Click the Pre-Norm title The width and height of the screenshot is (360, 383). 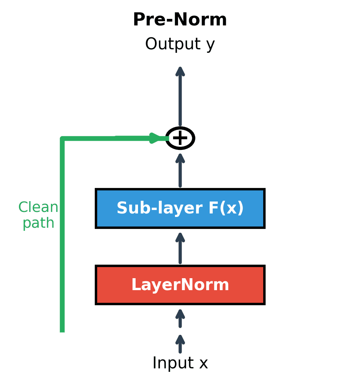[x=180, y=20]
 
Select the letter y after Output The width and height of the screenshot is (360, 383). [x=210, y=45]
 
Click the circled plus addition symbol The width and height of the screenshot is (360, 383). [x=180, y=138]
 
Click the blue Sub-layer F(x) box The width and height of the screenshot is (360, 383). [x=180, y=208]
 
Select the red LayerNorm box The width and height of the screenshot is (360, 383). [x=180, y=285]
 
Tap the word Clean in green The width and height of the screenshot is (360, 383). [x=38, y=207]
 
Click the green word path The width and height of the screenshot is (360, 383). [x=38, y=223]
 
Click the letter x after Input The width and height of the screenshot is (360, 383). [x=204, y=364]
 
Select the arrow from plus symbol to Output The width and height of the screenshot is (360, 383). [x=180, y=96]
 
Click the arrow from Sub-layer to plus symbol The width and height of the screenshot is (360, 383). [x=180, y=170]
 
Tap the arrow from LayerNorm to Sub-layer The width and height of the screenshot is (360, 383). [x=180, y=248]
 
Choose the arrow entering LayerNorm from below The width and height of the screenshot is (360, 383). [x=180, y=318]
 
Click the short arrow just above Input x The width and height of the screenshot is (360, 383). [x=180, y=344]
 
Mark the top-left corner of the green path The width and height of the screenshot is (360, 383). [x=62, y=138]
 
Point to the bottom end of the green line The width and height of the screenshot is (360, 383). [x=62, y=331]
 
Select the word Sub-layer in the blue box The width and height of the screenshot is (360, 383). [x=160, y=208]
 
